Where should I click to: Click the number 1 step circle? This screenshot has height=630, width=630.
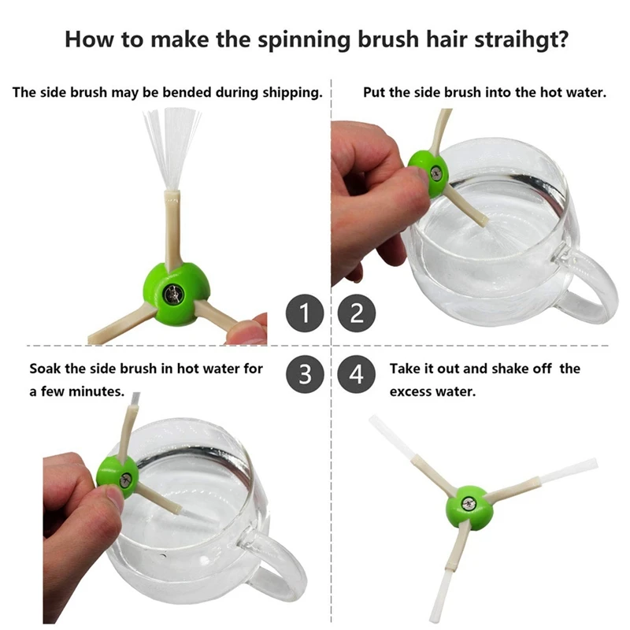pos(305,313)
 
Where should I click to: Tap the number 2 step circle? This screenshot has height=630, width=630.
pos(357,313)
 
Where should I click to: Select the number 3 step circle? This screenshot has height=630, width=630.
pos(305,374)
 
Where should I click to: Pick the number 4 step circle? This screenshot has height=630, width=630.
pos(357,374)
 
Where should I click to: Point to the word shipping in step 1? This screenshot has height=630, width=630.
pos(292,93)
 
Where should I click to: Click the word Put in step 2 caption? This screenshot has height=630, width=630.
pos(374,92)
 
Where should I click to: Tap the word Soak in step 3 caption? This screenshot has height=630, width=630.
pos(45,369)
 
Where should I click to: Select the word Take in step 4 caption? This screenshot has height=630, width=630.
pos(405,369)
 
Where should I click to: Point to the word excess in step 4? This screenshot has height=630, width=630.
pos(411,391)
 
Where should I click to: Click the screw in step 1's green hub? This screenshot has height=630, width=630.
pos(173,295)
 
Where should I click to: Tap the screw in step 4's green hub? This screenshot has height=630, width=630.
pos(468,504)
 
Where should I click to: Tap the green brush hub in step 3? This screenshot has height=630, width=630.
pos(117,477)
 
